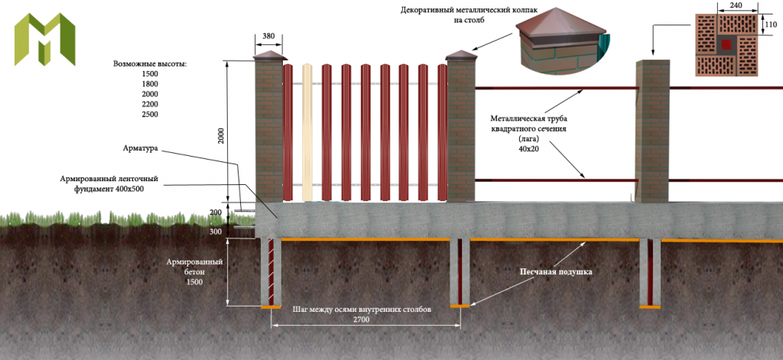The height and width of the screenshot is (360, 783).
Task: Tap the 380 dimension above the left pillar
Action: pyautogui.click(x=268, y=35)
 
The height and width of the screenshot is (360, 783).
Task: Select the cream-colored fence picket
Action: pyautogui.click(x=308, y=131)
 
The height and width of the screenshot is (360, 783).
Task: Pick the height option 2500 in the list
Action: pyautogui.click(x=150, y=114)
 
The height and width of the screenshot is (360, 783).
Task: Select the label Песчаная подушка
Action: pyautogui.click(x=556, y=271)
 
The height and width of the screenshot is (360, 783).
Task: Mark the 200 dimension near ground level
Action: pyautogui.click(x=215, y=212)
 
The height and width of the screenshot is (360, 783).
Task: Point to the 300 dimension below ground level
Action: pyautogui.click(x=215, y=232)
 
